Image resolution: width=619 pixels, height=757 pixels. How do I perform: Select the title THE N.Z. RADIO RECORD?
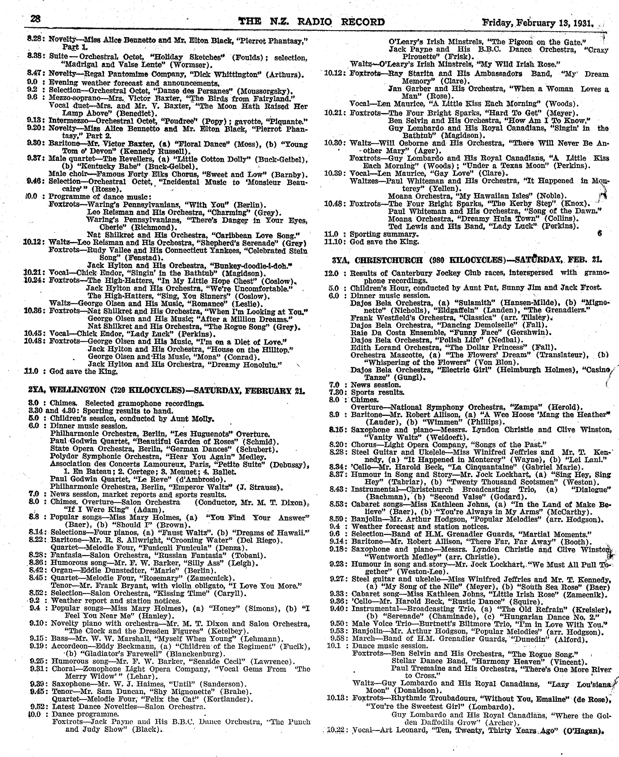(311, 22)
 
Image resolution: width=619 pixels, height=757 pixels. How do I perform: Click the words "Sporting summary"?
(384, 234)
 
